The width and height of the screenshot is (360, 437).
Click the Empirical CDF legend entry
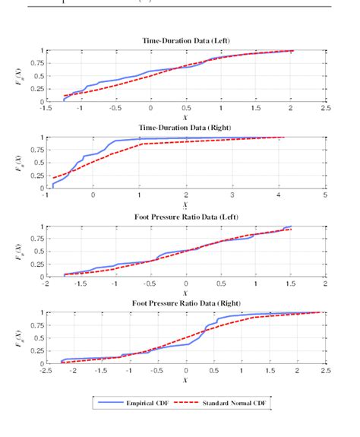click(x=153, y=404)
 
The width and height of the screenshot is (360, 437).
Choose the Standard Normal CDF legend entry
click(x=235, y=404)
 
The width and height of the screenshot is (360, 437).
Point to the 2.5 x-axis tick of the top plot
click(x=325, y=108)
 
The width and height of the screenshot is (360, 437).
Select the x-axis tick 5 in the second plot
click(x=325, y=195)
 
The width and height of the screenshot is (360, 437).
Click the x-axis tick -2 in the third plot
click(x=46, y=283)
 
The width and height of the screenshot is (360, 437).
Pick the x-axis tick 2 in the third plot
click(x=325, y=283)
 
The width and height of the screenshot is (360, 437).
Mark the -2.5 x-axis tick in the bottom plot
click(x=46, y=371)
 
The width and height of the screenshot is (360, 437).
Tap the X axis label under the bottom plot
click(x=185, y=380)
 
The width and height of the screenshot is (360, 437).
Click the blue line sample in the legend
click(x=109, y=404)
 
